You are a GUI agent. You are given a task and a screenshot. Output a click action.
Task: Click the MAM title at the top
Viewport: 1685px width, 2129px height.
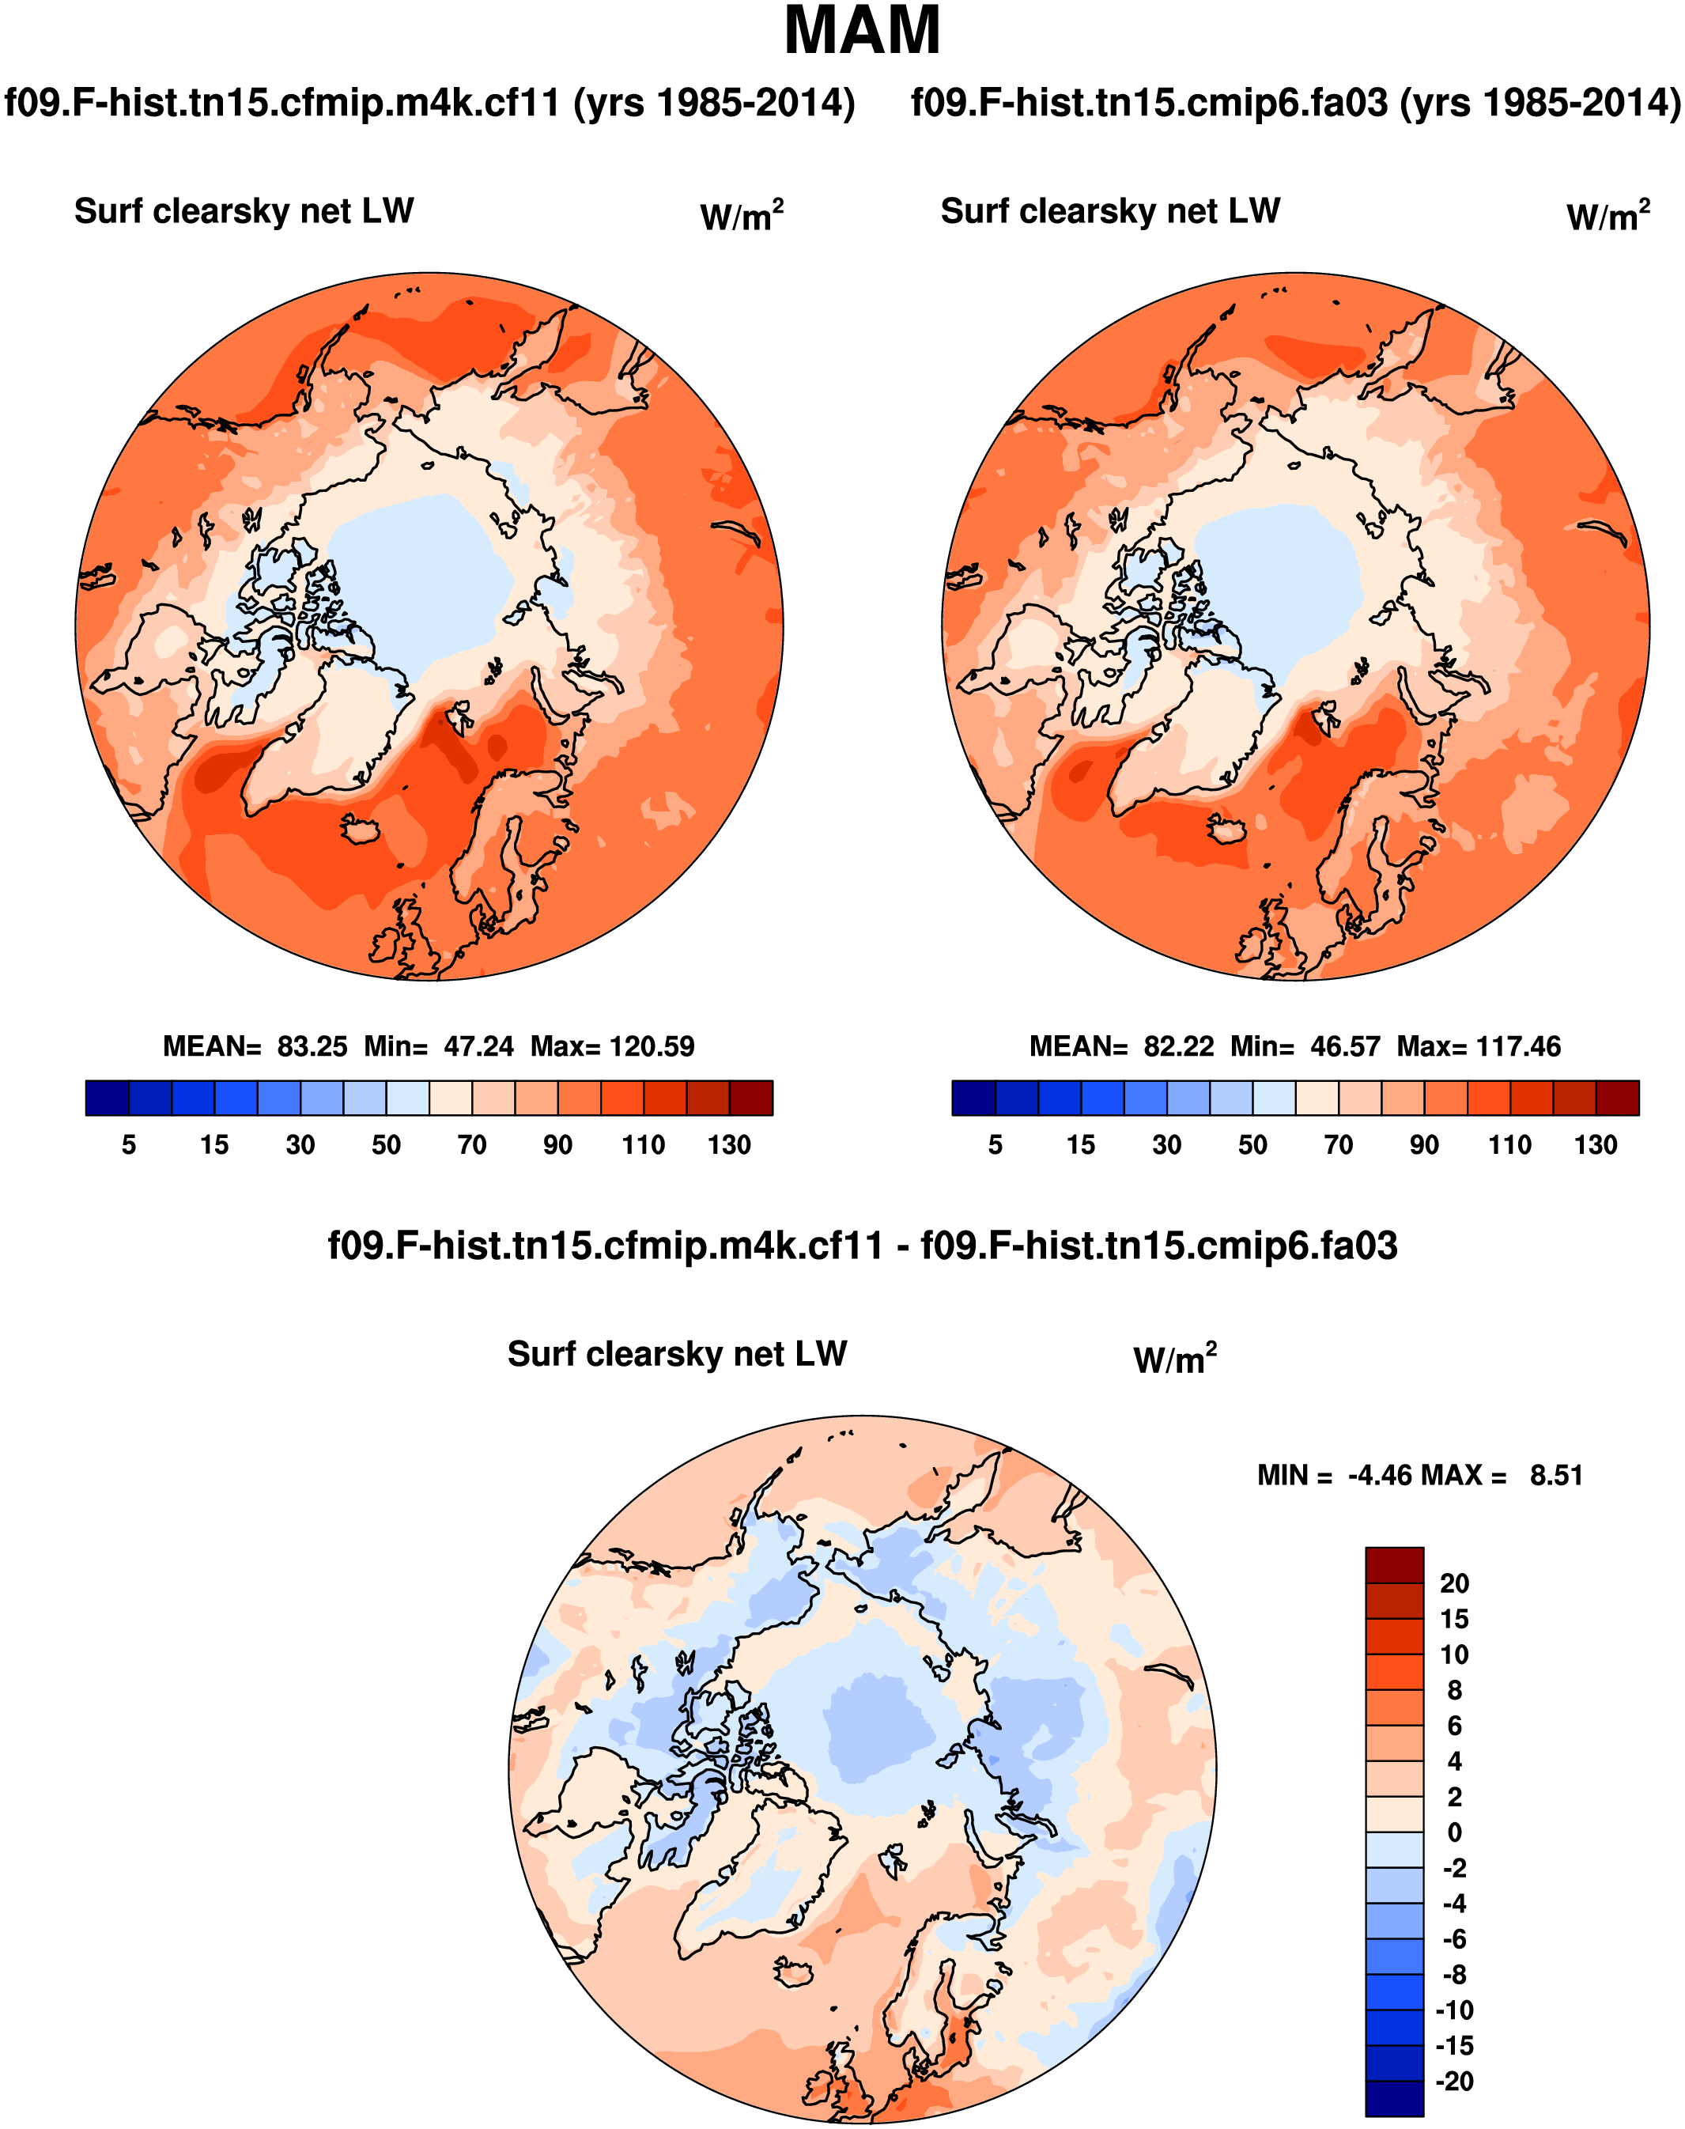click(x=861, y=32)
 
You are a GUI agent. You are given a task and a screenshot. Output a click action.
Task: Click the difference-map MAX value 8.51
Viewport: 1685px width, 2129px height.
click(x=1556, y=1475)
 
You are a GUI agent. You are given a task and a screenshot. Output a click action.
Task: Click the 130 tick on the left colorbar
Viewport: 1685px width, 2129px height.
click(x=729, y=1144)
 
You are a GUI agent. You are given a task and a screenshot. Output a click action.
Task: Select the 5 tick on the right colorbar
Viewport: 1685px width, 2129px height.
click(x=995, y=1144)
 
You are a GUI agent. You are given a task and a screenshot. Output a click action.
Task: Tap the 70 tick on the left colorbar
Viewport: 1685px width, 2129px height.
click(x=471, y=1144)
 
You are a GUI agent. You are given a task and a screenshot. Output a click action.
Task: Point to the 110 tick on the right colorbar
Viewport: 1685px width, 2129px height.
click(x=1509, y=1144)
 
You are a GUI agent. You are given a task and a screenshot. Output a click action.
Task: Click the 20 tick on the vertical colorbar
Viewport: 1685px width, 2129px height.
click(x=1454, y=1583)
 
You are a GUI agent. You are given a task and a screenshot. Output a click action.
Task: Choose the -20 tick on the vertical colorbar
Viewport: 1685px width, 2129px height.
click(x=1454, y=2081)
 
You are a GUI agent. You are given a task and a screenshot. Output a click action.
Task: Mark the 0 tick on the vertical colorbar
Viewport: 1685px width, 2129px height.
click(x=1454, y=1832)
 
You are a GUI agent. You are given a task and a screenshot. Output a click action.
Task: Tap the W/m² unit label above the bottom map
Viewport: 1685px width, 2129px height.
click(x=1175, y=1359)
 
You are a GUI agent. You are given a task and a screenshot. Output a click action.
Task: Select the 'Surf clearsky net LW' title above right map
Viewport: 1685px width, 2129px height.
click(x=1110, y=211)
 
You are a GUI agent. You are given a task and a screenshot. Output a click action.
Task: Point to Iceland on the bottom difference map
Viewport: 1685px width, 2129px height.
click(x=795, y=1973)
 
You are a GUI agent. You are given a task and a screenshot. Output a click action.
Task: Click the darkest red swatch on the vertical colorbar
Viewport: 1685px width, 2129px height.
click(x=1394, y=1564)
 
